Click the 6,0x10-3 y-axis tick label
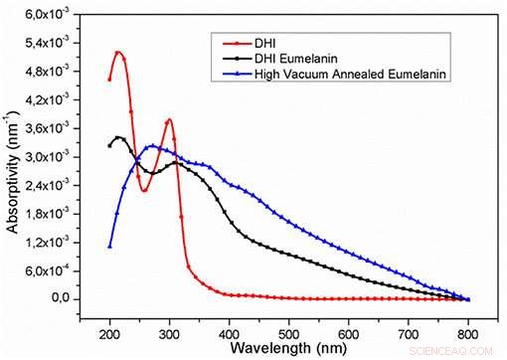tap(50, 16)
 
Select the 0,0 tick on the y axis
tap(59, 299)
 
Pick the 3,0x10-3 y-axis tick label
tap(50, 157)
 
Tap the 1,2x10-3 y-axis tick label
tap(50, 243)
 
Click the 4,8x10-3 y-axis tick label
tap(50, 73)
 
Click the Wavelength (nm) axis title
tap(287, 349)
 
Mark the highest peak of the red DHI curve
tap(117, 52)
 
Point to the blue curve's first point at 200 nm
tap(109, 246)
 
